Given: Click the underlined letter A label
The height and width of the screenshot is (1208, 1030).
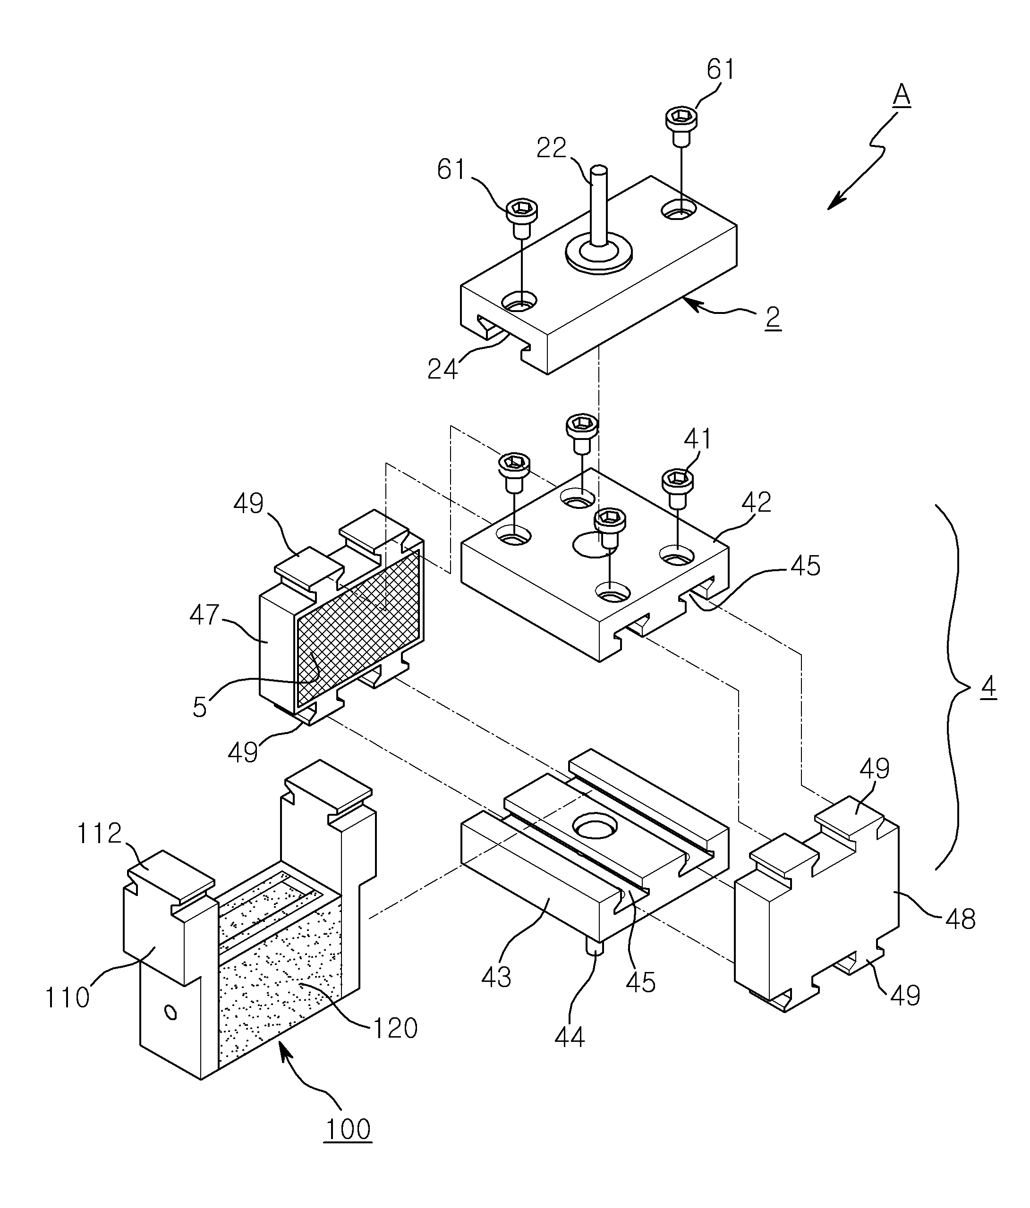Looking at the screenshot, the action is (902, 95).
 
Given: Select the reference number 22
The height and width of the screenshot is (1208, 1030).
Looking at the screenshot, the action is (551, 148).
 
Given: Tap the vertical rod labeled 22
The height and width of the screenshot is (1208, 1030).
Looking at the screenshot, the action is (599, 207).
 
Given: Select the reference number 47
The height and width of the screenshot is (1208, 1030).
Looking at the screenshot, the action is (204, 615).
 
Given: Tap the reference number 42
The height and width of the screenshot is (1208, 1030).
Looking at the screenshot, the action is (756, 502).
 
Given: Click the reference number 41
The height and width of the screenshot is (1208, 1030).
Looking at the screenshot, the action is (698, 439).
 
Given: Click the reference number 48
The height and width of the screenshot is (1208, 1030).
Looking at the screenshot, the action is (960, 920).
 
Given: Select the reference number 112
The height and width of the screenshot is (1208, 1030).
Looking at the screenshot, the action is (100, 834).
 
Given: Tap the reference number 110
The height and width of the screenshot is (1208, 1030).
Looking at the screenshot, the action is (68, 997).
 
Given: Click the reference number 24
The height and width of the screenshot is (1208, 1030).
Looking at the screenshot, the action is (442, 370).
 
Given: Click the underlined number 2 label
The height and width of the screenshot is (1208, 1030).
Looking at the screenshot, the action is (773, 318).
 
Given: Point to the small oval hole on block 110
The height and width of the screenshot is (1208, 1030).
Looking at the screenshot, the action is (171, 1012).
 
